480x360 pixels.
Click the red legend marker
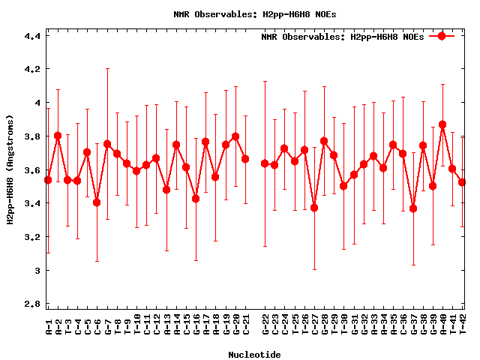coord(442,36)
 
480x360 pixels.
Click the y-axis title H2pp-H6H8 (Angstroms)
coord(10,169)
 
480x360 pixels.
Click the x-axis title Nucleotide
coord(255,355)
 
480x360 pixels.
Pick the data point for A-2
coord(58,136)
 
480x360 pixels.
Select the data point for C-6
coord(97,202)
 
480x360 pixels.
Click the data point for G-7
coord(107,144)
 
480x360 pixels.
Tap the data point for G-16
coord(196,199)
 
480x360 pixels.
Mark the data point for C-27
coord(314,208)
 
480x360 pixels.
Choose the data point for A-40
coord(442,124)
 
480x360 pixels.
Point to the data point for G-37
coord(413,208)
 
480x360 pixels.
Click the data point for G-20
coord(235,136)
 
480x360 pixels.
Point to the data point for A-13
coord(166,190)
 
